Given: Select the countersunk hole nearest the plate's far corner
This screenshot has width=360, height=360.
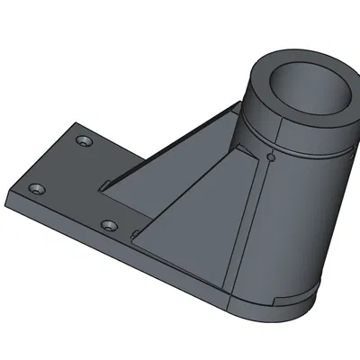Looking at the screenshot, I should [85, 141].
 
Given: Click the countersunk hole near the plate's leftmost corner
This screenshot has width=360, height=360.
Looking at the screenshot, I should [36, 190].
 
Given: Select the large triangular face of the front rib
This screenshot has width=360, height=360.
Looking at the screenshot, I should [193, 216].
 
